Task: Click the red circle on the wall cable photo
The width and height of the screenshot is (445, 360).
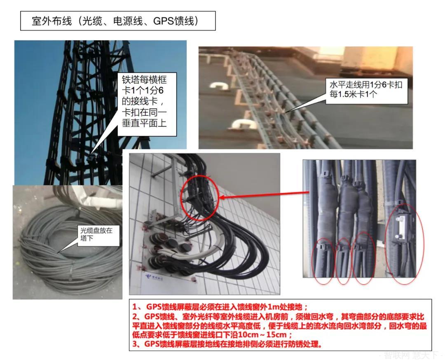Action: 199,197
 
